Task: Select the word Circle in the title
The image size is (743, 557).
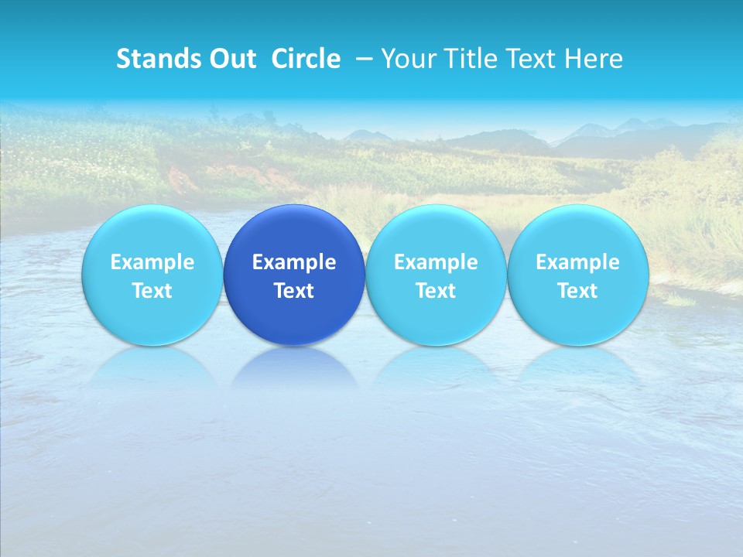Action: pos(306,59)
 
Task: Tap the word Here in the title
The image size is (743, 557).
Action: pos(593,59)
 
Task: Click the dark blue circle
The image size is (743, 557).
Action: pos(294,309)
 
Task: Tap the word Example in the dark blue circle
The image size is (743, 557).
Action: pos(294,262)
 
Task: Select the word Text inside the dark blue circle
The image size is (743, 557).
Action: pos(294,291)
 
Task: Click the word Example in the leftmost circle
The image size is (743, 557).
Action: pos(152,262)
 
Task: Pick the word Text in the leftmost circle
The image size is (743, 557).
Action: pos(152,291)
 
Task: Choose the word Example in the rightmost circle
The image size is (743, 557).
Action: pos(577,262)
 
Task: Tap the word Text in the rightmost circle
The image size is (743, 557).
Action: pos(577,291)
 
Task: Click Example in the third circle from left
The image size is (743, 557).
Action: pos(436,262)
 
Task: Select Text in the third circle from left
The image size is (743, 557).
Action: pos(436,291)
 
